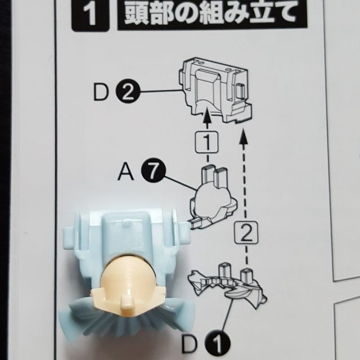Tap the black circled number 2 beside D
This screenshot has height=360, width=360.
coord(128,92)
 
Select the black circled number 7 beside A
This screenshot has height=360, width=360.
coord(154,170)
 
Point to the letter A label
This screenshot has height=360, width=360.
coord(125,172)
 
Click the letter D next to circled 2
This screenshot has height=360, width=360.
coord(101,92)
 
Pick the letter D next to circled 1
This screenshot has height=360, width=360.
coord(189,345)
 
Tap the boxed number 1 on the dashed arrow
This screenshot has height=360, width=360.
coord(207,142)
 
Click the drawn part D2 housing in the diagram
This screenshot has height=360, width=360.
coord(215,90)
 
